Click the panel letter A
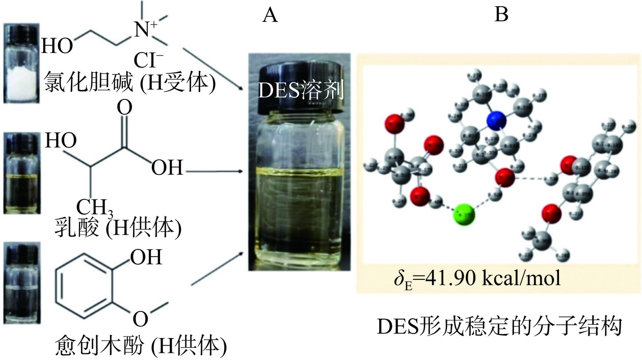pyautogui.click(x=270, y=16)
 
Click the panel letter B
pyautogui.click(x=501, y=16)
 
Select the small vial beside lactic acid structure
pyautogui.click(x=21, y=173)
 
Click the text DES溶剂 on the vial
pyautogui.click(x=301, y=91)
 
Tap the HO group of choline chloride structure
pyautogui.click(x=56, y=47)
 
